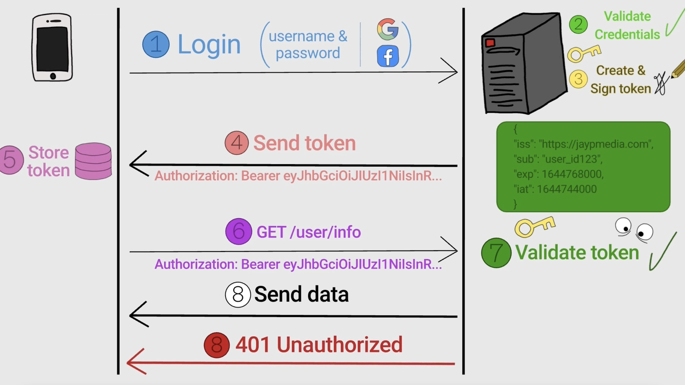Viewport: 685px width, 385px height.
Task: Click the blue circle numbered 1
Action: pyautogui.click(x=156, y=44)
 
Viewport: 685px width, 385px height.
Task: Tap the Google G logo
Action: pyautogui.click(x=388, y=29)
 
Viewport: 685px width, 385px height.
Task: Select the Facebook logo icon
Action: pyautogui.click(x=388, y=56)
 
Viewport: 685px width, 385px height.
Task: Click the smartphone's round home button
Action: pyautogui.click(x=53, y=76)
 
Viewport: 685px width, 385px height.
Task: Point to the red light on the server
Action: pyautogui.click(x=490, y=42)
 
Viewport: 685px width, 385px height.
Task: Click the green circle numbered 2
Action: pyautogui.click(x=578, y=24)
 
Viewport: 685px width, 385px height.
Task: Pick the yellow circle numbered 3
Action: pyautogui.click(x=578, y=79)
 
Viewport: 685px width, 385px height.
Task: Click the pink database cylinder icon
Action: pyautogui.click(x=93, y=161)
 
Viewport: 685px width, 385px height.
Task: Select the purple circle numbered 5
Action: pyautogui.click(x=10, y=160)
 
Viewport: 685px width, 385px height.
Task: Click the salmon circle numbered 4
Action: pyautogui.click(x=237, y=143)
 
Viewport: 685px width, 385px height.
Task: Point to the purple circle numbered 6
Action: pyautogui.click(x=238, y=231)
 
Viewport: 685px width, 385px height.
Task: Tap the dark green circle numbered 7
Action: pyautogui.click(x=496, y=253)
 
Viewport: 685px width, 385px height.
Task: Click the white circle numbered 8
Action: pyautogui.click(x=238, y=294)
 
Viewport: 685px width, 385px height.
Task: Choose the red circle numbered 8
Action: pyautogui.click(x=217, y=345)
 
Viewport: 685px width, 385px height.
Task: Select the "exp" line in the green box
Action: pyautogui.click(x=558, y=174)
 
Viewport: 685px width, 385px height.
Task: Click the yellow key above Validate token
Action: pyautogui.click(x=534, y=226)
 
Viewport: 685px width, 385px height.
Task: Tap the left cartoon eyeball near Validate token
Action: pyautogui.click(x=623, y=226)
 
